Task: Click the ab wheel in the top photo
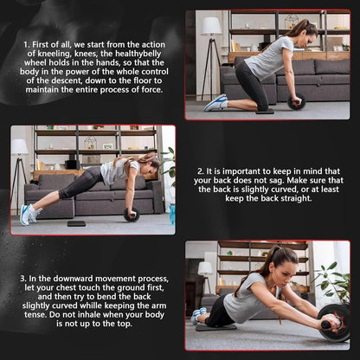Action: (297, 101)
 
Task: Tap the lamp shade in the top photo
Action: (211, 26)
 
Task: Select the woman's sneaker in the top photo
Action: (215, 103)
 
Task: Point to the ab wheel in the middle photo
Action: (132, 215)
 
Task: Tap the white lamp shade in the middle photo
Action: (19, 147)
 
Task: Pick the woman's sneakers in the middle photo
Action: (28, 214)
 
